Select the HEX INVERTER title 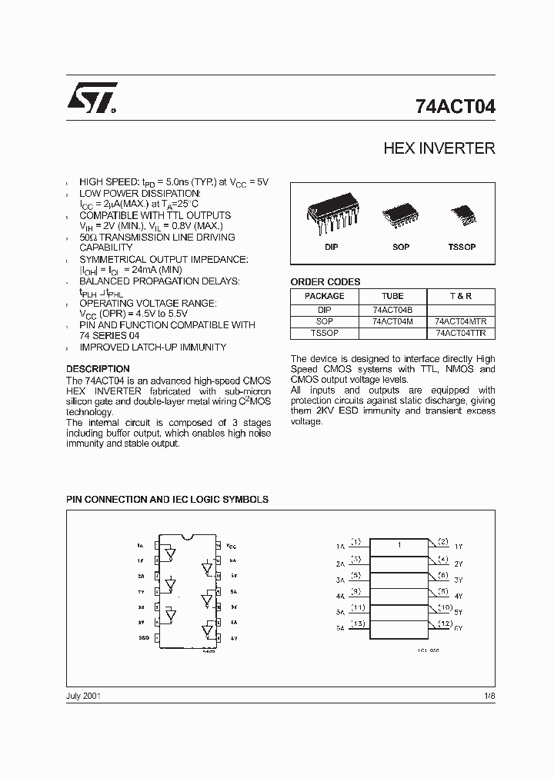(x=439, y=148)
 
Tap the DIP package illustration (x=331, y=217)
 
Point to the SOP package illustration (x=400, y=215)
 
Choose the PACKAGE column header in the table (x=324, y=296)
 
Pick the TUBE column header (x=392, y=296)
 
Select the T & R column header (x=460, y=296)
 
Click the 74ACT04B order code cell (x=392, y=310)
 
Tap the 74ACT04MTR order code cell (x=460, y=321)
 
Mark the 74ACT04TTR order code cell (x=460, y=334)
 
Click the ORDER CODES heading (x=325, y=281)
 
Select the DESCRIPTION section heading (x=98, y=369)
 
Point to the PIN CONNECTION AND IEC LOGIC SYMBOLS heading (x=167, y=499)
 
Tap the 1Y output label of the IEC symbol (x=459, y=547)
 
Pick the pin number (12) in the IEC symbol (x=443, y=623)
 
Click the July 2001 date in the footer (x=83, y=696)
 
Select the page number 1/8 (x=489, y=696)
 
